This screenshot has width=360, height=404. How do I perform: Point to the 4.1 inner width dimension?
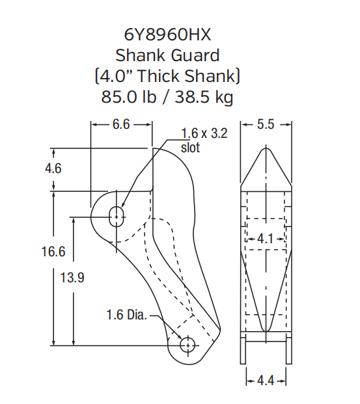pyautogui.click(x=266, y=239)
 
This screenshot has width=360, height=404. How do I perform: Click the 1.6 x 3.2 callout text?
pyautogui.click(x=204, y=134)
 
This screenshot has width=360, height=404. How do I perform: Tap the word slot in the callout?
pyautogui.click(x=190, y=147)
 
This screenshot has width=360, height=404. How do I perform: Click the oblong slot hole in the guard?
pyautogui.click(x=117, y=215)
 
